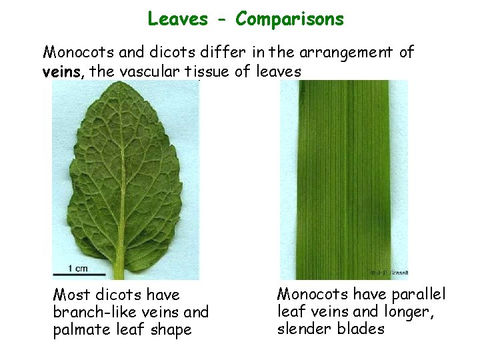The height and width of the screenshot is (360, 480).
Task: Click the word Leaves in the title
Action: [x=177, y=19]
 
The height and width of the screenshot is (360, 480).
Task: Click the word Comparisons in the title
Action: [x=290, y=19]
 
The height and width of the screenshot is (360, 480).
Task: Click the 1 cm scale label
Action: [x=77, y=269]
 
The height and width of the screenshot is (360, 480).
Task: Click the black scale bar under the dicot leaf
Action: [x=79, y=274]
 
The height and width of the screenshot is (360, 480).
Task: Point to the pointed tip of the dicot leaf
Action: [x=113, y=85]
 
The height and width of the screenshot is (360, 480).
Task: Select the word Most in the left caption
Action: [x=71, y=295]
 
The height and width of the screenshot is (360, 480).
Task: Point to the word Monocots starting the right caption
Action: [x=313, y=294]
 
